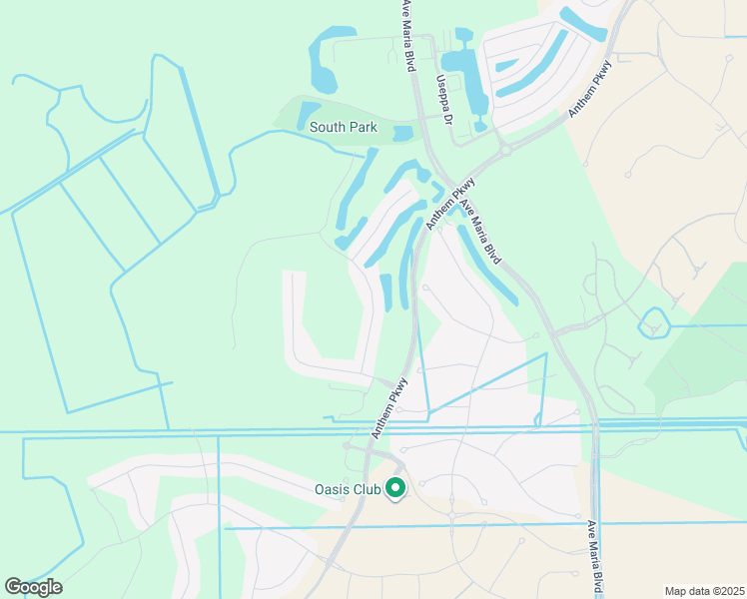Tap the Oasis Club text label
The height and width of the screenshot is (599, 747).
349,488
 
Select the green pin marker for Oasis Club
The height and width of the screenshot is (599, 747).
395,488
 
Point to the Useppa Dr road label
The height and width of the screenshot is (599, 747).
442,101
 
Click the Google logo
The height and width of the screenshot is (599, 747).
33,586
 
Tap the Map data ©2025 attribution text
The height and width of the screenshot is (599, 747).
703,591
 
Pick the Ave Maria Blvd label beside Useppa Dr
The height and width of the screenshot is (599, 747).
407,36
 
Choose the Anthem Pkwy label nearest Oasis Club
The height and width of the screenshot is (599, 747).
390,407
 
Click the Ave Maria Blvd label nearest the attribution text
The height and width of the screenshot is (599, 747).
596,559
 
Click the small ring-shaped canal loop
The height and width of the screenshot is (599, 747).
655,323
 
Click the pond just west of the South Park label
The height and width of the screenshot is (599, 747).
308,114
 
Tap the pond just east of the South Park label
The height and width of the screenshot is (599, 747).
402,133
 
